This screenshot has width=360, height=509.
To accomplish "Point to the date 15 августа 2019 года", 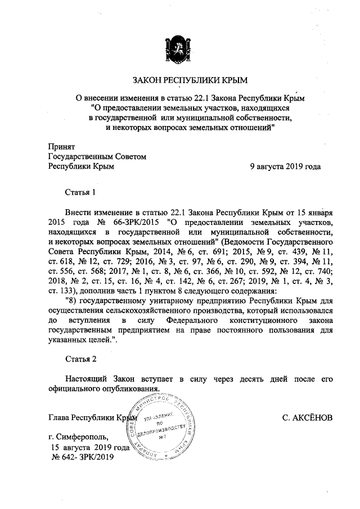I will pyautogui.click(x=90, y=447).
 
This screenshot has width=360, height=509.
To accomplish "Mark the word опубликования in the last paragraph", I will pyautogui.click(x=127, y=389).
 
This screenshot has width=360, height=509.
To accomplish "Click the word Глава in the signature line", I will pyautogui.click(x=59, y=418).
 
